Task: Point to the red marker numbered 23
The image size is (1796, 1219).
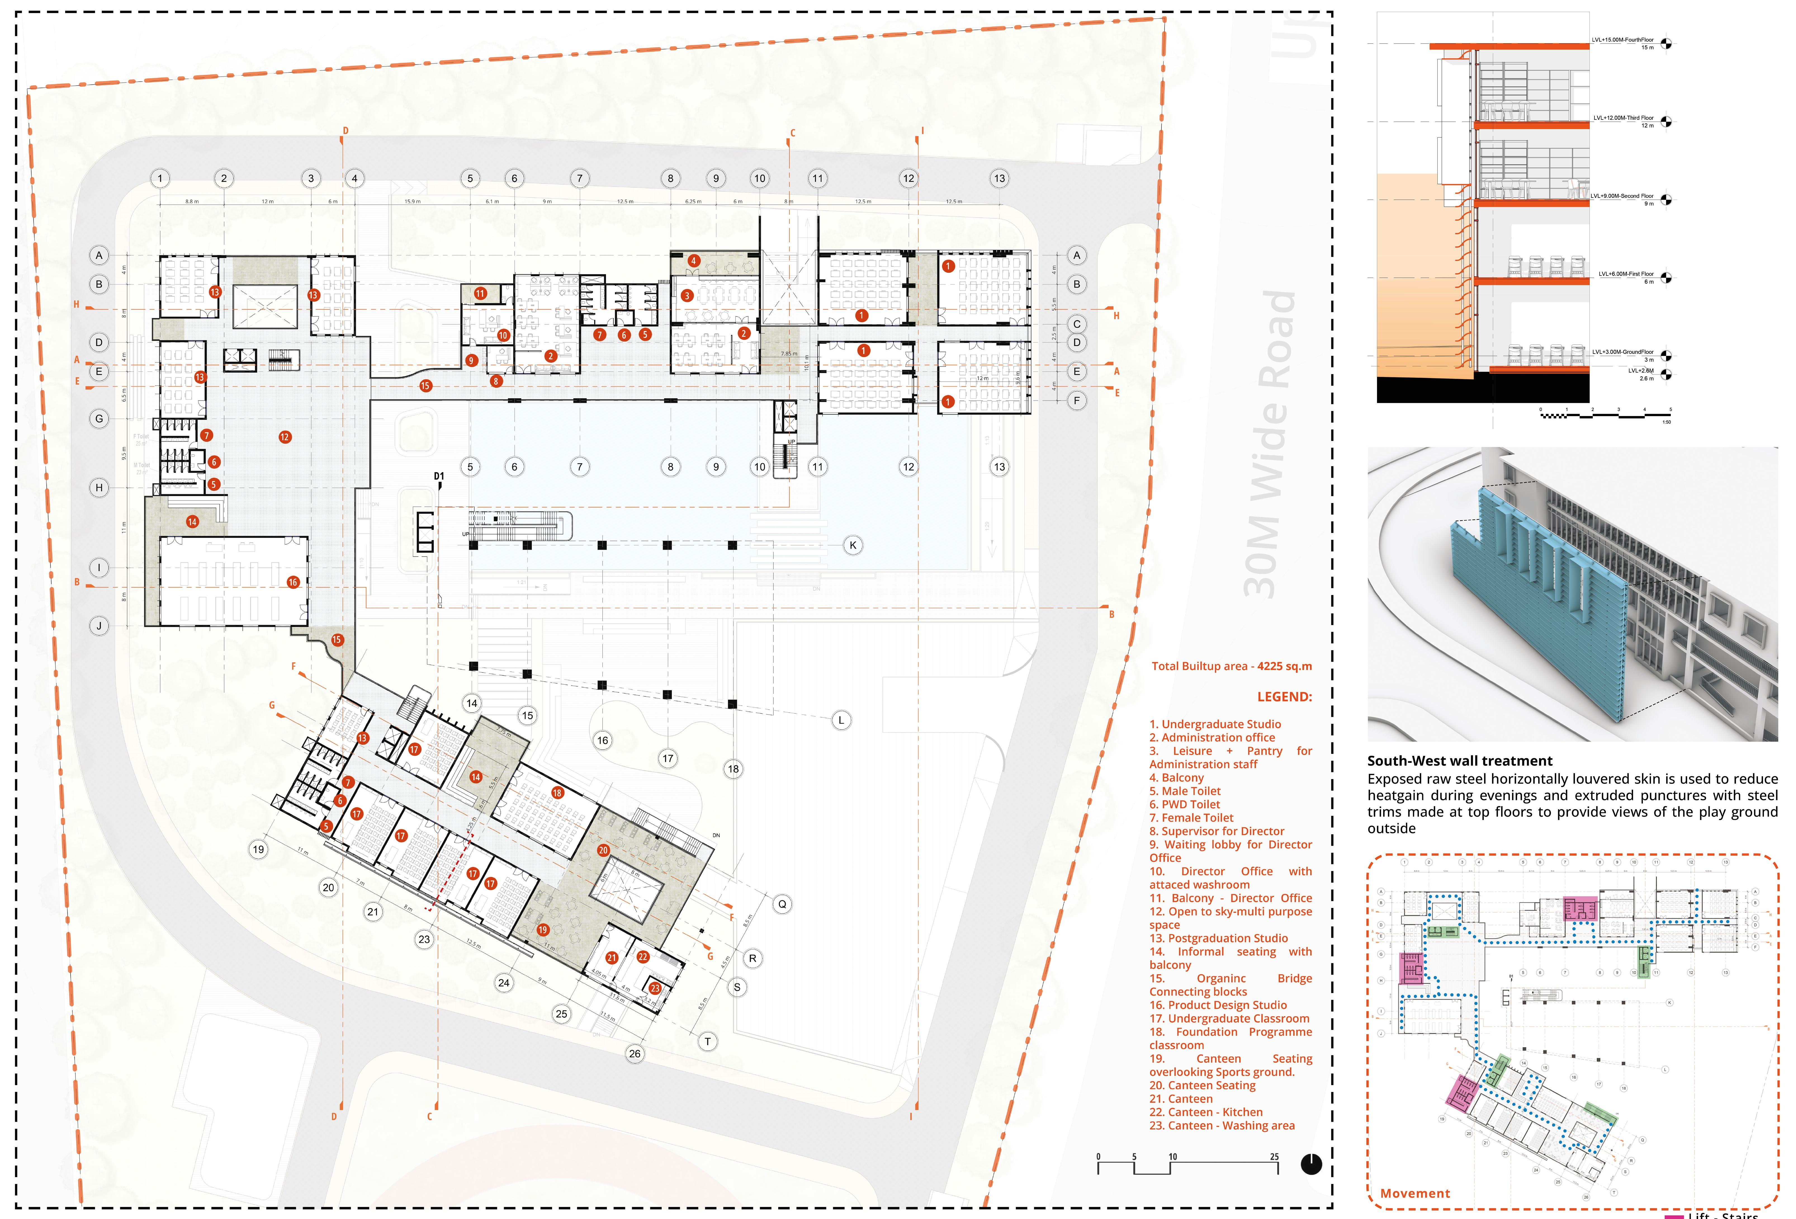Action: [x=655, y=988]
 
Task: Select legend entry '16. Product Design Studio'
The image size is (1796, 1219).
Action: [x=1218, y=1005]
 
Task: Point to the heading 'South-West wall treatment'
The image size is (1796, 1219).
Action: [x=1460, y=761]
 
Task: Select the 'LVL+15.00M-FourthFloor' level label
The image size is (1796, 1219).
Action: [x=1622, y=39]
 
